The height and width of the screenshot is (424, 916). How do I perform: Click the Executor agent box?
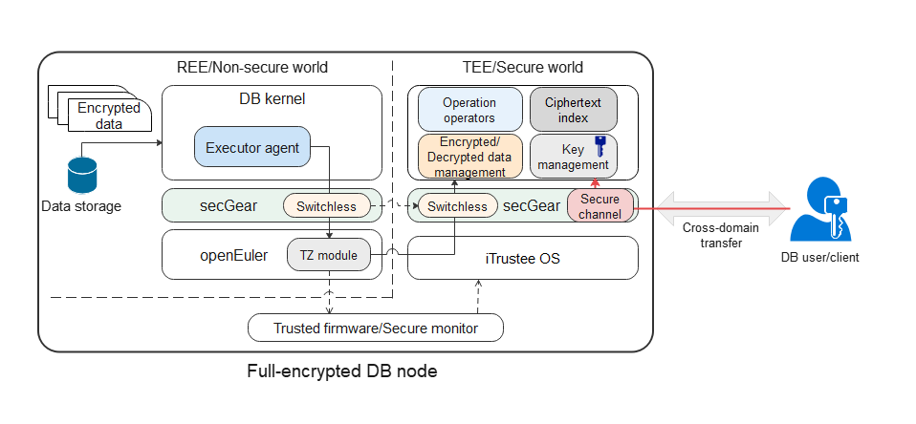[x=252, y=148]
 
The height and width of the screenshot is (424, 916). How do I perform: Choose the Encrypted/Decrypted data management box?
[x=469, y=156]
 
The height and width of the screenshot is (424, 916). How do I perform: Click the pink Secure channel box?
[x=600, y=206]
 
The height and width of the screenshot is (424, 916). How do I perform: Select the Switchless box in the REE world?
[x=326, y=205]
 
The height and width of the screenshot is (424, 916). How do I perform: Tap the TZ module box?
[x=329, y=255]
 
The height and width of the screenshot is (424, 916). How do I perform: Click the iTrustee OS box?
[x=522, y=258]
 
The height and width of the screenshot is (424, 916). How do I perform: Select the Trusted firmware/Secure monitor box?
[x=375, y=329]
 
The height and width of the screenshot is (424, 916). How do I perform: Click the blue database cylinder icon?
[x=82, y=175]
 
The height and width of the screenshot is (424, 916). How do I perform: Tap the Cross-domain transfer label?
[x=715, y=236]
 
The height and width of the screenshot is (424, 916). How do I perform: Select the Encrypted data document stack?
[x=99, y=114]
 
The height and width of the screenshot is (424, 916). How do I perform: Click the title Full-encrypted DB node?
[x=341, y=371]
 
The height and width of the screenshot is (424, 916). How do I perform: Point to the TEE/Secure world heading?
[x=517, y=68]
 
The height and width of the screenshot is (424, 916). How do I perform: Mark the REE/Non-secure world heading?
[x=252, y=68]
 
